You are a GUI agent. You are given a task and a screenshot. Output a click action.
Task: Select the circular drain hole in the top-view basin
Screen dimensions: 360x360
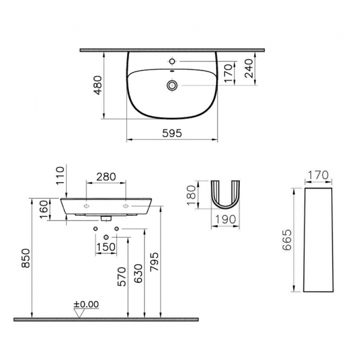[173, 85]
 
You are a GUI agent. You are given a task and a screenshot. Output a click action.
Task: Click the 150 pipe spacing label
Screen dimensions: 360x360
[106, 246]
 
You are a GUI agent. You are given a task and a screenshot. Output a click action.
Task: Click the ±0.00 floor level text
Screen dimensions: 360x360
[86, 304]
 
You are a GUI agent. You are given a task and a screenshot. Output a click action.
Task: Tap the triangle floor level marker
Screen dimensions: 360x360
[81, 313]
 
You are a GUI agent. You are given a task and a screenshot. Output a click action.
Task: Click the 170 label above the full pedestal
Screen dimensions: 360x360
[318, 176]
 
